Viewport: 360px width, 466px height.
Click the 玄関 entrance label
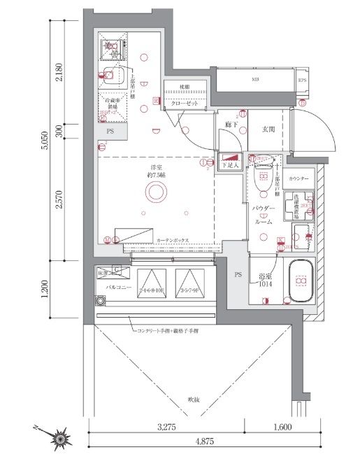pos(270,129)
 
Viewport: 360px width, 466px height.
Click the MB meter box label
pos(256,80)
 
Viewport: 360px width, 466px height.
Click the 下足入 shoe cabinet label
pos(231,165)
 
